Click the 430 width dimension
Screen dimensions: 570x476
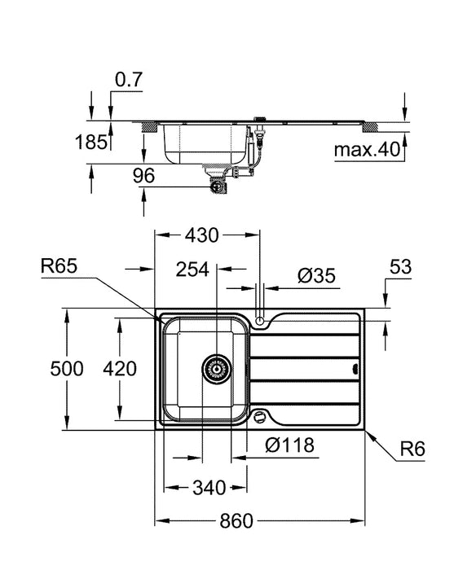coord(201,235)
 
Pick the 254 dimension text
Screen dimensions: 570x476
coord(194,270)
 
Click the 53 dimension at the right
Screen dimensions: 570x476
coord(400,267)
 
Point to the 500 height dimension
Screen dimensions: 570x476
coord(67,369)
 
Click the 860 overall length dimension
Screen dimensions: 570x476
coord(236,520)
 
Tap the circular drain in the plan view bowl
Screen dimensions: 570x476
coord(215,369)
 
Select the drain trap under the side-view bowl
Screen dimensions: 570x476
coord(218,182)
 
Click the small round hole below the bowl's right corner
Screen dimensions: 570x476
coord(260,418)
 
